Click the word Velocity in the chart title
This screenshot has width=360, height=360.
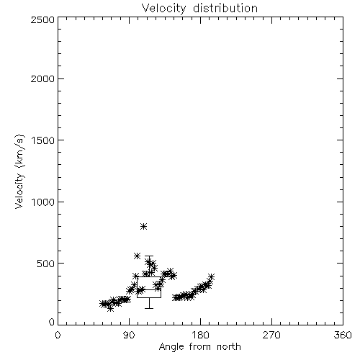click(163, 9)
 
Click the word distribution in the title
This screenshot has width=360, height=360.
click(225, 8)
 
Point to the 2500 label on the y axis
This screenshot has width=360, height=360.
click(42, 19)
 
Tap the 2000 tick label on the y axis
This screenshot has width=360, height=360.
click(42, 78)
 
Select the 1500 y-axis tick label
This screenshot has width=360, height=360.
click(43, 140)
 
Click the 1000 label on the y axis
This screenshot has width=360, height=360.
click(43, 202)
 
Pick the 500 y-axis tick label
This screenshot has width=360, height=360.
click(46, 264)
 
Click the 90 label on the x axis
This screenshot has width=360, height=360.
click(129, 335)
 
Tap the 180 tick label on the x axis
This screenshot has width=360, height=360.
click(200, 335)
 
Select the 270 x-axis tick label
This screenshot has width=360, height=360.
click(271, 335)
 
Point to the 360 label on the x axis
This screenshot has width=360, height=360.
click(343, 335)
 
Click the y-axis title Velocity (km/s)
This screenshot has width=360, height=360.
click(19, 171)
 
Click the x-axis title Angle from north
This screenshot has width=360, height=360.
click(200, 347)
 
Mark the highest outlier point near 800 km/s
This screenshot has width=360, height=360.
click(143, 226)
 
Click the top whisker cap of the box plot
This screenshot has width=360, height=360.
click(149, 256)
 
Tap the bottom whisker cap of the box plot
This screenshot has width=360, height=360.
click(149, 308)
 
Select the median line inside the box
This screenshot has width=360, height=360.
click(149, 289)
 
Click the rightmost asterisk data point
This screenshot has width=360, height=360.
click(211, 276)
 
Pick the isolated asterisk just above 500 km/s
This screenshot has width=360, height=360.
click(137, 256)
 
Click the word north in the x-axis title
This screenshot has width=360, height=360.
click(229, 347)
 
